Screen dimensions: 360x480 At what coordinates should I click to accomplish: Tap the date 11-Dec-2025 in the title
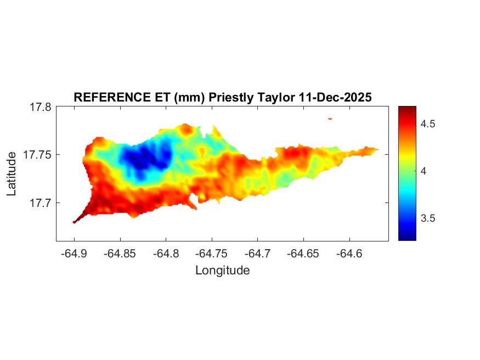click(x=335, y=97)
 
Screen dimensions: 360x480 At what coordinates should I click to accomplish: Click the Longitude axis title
click(x=222, y=271)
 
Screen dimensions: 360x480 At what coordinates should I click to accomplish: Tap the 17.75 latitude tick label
click(x=37, y=155)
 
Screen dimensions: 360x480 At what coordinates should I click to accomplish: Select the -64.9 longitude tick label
click(x=74, y=254)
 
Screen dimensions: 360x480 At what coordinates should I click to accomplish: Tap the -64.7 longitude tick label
click(x=257, y=254)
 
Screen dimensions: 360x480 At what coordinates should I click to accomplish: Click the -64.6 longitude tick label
click(x=349, y=254)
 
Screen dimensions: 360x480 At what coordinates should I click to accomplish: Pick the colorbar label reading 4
click(x=423, y=171)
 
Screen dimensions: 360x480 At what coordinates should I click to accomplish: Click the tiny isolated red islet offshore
click(x=330, y=118)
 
